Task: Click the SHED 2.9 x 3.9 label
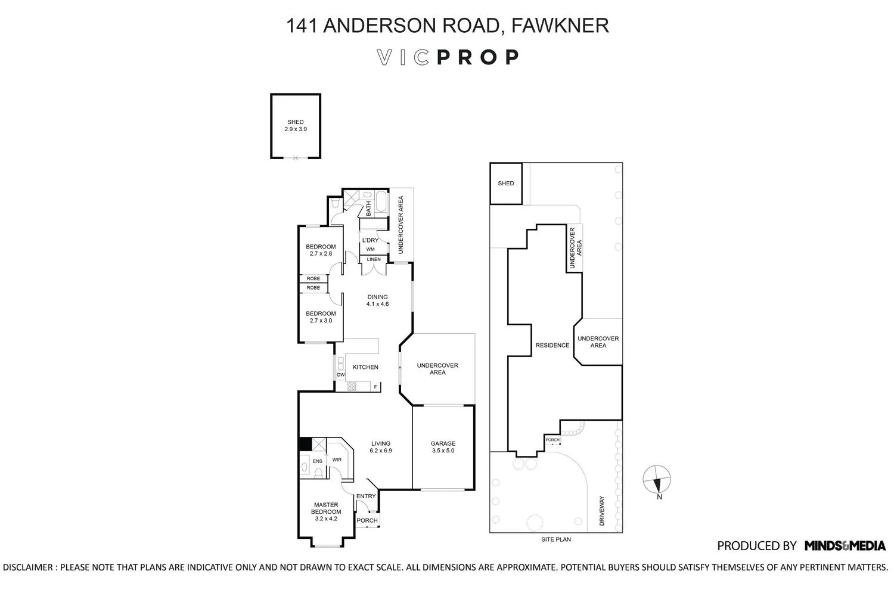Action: tap(296, 126)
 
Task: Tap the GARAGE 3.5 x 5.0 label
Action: tap(443, 447)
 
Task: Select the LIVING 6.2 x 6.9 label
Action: tap(380, 447)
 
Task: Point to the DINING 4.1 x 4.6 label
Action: tap(377, 300)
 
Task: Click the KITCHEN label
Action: tap(365, 367)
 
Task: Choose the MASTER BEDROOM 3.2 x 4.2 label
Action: tap(327, 511)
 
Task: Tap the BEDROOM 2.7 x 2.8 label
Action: tap(321, 250)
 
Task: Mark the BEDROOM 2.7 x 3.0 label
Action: tap(321, 317)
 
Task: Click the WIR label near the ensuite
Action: tap(337, 460)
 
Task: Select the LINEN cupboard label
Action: tap(374, 260)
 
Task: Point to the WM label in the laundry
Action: tap(370, 249)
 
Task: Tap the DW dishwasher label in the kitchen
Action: tap(340, 375)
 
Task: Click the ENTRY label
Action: tap(366, 496)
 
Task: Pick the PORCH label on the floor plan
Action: tap(367, 520)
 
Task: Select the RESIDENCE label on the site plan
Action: tap(552, 345)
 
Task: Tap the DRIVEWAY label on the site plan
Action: tap(601, 511)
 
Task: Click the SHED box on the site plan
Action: tap(505, 184)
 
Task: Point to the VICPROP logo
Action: tap(448, 57)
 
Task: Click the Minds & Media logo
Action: tap(845, 545)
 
